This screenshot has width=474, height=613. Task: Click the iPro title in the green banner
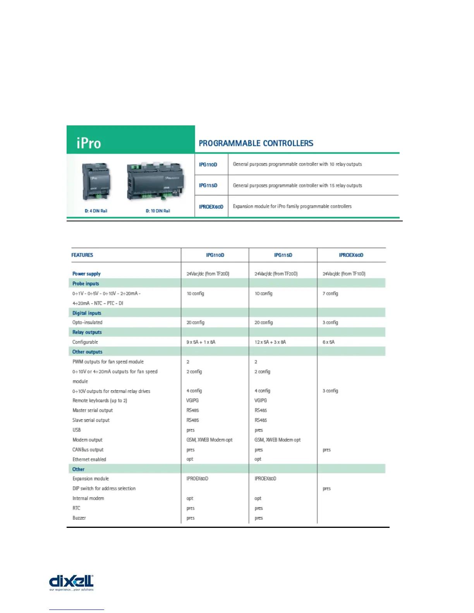coord(89,143)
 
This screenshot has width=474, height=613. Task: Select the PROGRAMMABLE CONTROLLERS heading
coord(256,143)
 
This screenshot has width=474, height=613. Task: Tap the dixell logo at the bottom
coord(71,582)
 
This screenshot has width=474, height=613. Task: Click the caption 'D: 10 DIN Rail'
coord(158,211)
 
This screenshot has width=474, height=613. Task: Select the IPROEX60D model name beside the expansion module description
coord(211,207)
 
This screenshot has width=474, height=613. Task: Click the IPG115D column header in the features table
coord(283,255)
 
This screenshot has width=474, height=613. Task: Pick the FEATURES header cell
coord(82,255)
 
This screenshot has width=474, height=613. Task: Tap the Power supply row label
coord(86,274)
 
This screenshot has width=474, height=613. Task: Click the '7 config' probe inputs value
coord(330,293)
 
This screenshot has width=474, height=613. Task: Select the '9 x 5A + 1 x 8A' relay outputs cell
coord(201,342)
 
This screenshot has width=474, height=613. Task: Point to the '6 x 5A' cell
coord(328,342)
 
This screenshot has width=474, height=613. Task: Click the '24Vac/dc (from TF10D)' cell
coord(344,274)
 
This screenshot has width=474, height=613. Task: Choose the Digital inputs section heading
coord(87,313)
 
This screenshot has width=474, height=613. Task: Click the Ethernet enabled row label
coord(89,459)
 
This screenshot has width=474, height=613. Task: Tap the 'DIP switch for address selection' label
coord(104,488)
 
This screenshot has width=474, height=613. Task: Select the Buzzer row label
coord(79,518)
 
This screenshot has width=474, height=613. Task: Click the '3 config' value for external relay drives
coord(330,391)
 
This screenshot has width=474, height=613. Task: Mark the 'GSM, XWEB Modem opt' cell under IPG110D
coord(209,440)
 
